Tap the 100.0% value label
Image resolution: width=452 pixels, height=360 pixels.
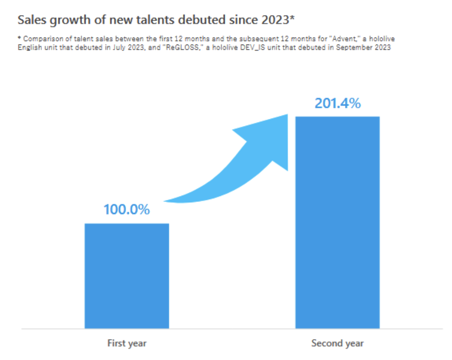click(127, 209)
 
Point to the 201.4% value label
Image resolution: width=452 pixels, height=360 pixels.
click(337, 103)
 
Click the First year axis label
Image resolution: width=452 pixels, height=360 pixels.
click(127, 344)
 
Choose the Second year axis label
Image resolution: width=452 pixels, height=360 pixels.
click(337, 344)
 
